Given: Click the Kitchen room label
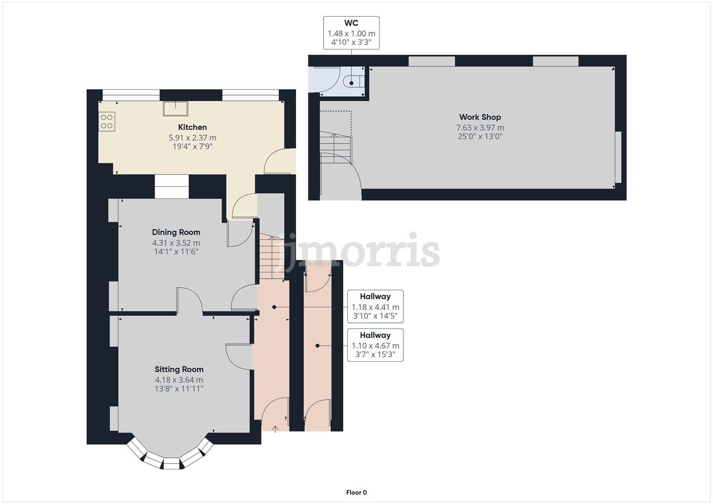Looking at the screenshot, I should (192, 127).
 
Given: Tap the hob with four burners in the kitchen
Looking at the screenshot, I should (107, 122).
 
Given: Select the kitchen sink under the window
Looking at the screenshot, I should (175, 108).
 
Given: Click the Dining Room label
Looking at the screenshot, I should (176, 232).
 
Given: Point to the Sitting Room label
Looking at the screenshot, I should (179, 369).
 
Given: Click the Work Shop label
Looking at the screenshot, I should (480, 117).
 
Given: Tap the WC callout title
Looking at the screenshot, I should (351, 23).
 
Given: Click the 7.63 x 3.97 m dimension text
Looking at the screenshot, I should (480, 127).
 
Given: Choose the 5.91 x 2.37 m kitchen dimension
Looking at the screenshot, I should (192, 138).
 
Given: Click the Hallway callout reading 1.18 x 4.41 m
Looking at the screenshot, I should (375, 306).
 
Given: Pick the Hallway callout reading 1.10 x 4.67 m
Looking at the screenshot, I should (375, 345).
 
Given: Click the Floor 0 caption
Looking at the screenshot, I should (356, 492).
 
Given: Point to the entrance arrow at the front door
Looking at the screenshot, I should (275, 428).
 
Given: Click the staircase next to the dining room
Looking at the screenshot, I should (271, 258).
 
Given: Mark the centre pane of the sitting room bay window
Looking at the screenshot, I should (171, 463).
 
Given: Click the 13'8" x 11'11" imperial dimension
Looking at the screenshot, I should (179, 389).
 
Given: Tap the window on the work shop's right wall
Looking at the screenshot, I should (618, 157).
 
